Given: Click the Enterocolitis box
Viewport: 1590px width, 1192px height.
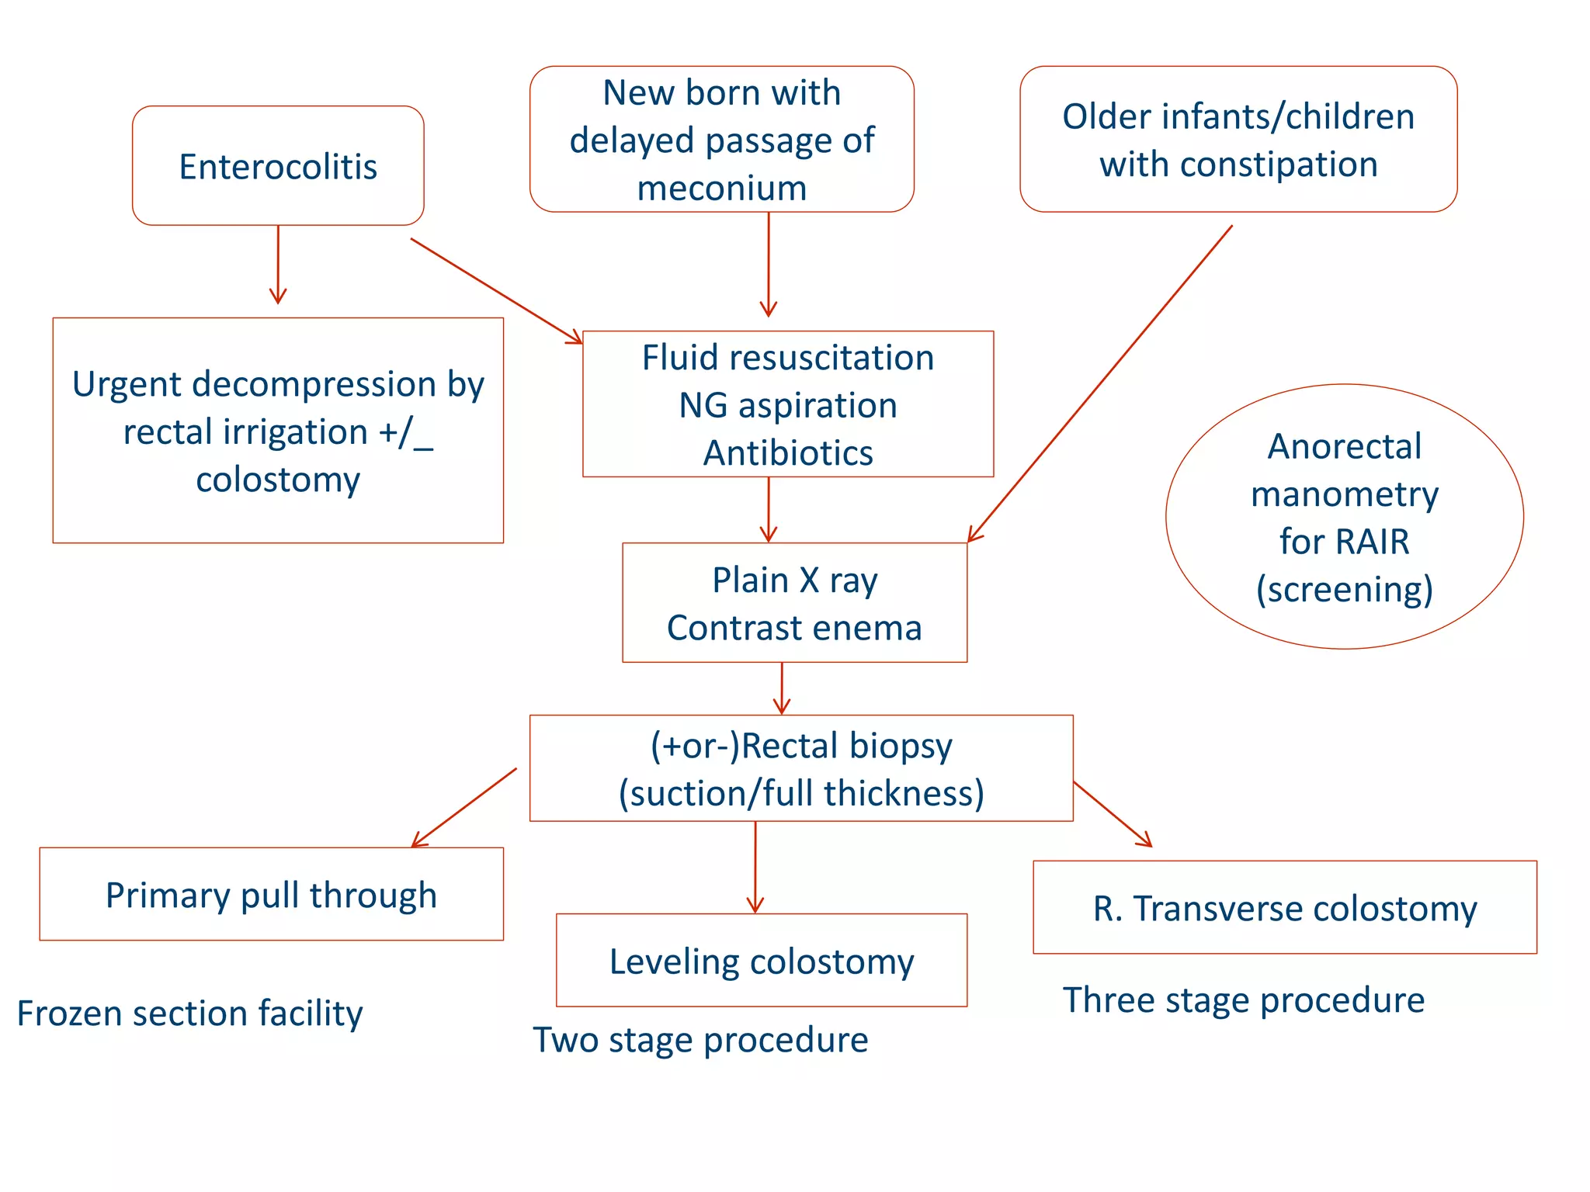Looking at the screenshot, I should click(x=278, y=166).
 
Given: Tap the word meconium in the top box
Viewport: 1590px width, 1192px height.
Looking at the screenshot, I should click(x=721, y=189).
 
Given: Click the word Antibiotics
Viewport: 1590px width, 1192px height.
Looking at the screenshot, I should click(x=788, y=453).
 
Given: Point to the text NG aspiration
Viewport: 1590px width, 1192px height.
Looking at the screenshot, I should click(x=788, y=406).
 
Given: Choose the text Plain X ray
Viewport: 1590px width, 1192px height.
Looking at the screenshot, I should click(x=794, y=580).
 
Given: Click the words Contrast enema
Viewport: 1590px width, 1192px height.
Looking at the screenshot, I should click(x=794, y=628).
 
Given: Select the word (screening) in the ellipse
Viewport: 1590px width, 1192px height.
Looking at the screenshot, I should click(x=1344, y=590).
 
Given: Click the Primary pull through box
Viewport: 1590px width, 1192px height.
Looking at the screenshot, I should click(x=271, y=895).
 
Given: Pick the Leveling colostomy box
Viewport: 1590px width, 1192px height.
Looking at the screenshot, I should click(x=761, y=961).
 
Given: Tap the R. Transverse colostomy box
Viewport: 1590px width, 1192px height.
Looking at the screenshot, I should click(x=1284, y=908).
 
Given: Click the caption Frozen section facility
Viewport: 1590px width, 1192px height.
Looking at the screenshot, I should click(x=189, y=1014).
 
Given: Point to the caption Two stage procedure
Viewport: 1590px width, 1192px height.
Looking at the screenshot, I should click(x=700, y=1040).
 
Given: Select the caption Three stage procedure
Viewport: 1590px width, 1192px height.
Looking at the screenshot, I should click(x=1243, y=1000).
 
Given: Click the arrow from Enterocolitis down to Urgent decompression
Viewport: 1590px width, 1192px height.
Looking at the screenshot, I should click(x=278, y=264).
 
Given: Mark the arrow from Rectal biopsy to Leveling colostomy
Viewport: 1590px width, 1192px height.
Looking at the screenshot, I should click(x=755, y=866).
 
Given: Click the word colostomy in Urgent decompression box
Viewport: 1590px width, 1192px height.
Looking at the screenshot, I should click(x=278, y=480).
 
